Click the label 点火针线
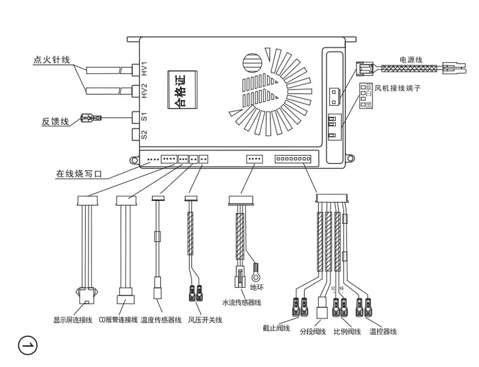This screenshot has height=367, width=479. (x=52, y=60)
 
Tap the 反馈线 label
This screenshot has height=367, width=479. (x=55, y=122)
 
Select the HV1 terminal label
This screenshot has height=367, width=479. (x=144, y=69)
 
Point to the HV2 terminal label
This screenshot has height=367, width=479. (x=144, y=91)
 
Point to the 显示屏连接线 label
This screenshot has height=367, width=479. (x=73, y=320)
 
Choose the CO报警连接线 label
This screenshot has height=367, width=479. (x=118, y=320)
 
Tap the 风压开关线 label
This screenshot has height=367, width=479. (x=205, y=320)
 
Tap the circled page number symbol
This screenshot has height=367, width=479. (x=28, y=345)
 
